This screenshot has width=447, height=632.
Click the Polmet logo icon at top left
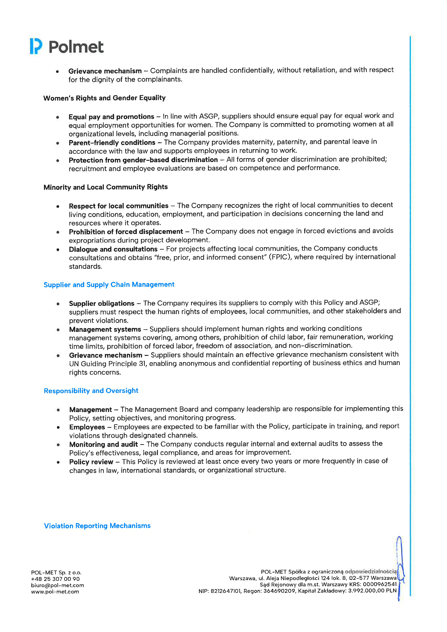pos(36,46)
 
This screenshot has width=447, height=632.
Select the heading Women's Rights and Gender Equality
pos(104,98)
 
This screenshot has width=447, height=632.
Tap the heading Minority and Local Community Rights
pos(105,187)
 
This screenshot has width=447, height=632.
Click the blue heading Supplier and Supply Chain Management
pos(109,285)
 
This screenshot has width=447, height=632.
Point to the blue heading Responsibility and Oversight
pos(91,391)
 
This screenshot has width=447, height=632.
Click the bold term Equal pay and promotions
pos(111,117)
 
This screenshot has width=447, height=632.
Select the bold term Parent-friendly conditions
pos(112,143)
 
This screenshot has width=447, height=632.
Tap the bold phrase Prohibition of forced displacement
pos(126,232)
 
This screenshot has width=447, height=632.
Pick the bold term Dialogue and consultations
pos(113,249)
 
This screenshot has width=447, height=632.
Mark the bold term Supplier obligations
pos(101,303)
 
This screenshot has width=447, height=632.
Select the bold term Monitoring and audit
pos(103,444)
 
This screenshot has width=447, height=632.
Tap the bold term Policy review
pos(91,462)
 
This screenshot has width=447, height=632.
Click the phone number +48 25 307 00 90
pos(55,579)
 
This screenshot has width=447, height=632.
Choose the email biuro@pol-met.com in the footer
pos(57,585)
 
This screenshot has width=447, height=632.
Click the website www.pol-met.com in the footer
pos(55,592)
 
